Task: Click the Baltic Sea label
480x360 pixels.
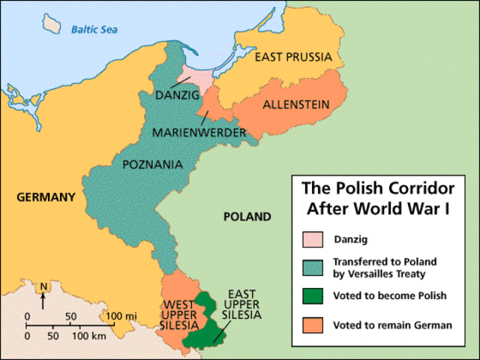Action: click(95, 30)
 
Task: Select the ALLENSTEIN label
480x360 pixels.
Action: click(296, 105)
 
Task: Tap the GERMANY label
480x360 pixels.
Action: click(44, 197)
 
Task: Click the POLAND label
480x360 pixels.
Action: click(247, 217)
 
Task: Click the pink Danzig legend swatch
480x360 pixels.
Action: click(313, 238)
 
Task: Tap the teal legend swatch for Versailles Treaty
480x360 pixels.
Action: click(313, 267)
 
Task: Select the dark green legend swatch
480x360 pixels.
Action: click(313, 296)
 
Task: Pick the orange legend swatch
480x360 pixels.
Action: click(313, 325)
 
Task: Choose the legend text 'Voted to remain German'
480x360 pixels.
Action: click(391, 325)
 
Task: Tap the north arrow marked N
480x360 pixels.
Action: click(44, 292)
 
